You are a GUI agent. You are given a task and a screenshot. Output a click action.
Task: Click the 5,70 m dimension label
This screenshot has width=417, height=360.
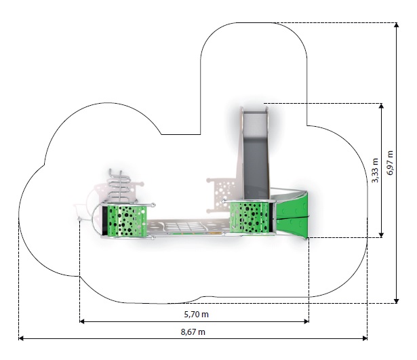click(x=196, y=315)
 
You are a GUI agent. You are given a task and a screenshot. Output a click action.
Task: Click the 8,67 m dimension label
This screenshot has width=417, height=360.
click(x=193, y=332)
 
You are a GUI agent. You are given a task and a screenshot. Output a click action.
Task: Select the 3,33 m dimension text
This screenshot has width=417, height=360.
click(x=375, y=170)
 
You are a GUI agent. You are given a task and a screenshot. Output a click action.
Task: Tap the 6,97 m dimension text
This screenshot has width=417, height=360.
click(x=390, y=163)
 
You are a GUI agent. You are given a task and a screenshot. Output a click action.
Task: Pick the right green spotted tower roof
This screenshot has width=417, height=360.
click(x=250, y=217)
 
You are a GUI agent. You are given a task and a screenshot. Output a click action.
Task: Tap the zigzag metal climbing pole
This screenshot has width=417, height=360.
click(x=119, y=186)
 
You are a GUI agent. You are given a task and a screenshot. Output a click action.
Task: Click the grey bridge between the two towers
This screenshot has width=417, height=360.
click(x=188, y=227)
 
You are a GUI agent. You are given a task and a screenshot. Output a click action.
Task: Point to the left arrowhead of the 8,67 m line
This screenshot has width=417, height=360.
click(x=21, y=338)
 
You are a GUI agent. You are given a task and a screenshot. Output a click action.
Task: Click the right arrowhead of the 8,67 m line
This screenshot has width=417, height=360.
click(x=365, y=338)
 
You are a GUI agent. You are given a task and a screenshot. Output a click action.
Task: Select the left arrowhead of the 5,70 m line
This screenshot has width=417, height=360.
click(x=82, y=321)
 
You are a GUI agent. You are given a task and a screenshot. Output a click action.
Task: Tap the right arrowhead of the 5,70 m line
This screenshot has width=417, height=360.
click(x=306, y=321)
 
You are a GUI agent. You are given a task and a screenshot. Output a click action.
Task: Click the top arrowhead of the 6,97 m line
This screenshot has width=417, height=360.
click(x=396, y=25)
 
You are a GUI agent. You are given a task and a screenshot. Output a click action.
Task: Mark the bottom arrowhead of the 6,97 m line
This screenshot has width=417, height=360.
click(x=396, y=301)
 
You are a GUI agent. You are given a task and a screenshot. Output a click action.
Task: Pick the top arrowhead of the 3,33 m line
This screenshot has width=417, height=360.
click(x=381, y=106)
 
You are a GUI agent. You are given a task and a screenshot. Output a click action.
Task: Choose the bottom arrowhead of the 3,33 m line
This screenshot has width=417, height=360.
click(x=381, y=235)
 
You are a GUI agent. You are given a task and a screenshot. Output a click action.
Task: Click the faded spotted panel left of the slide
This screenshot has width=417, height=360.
click(x=221, y=195)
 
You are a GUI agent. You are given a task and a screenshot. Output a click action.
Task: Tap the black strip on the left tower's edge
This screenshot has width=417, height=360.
click(x=105, y=221)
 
